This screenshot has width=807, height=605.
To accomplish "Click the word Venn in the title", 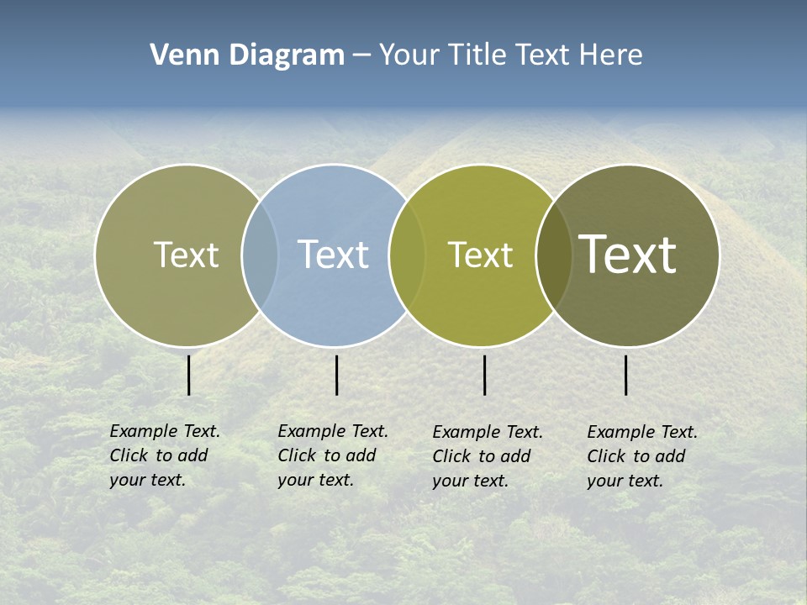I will pyautogui.click(x=181, y=55).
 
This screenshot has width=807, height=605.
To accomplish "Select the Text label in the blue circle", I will pyautogui.click(x=333, y=255).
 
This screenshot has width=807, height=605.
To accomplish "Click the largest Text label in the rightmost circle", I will pyautogui.click(x=628, y=254).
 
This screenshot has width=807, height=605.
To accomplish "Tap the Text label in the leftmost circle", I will pyautogui.click(x=186, y=255).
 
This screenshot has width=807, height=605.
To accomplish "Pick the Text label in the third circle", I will pyautogui.click(x=480, y=255).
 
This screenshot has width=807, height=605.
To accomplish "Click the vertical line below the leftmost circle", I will pyautogui.click(x=188, y=375).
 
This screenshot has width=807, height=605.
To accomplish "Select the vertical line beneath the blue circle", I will pyautogui.click(x=336, y=375).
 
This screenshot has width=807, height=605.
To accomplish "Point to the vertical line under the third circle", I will pyautogui.click(x=484, y=375).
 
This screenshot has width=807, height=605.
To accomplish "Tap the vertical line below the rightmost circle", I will pyautogui.click(x=625, y=375).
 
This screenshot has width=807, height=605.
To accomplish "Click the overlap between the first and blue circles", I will pyautogui.click(x=260, y=255).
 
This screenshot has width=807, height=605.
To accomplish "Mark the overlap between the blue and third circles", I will pyautogui.click(x=406, y=255).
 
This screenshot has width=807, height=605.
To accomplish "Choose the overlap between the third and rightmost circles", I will pyautogui.click(x=553, y=255).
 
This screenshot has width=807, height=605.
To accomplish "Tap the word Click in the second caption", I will pyautogui.click(x=297, y=455).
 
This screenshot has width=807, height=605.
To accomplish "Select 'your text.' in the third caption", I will pyautogui.click(x=470, y=481).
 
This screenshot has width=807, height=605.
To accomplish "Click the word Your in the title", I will pyautogui.click(x=409, y=55).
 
